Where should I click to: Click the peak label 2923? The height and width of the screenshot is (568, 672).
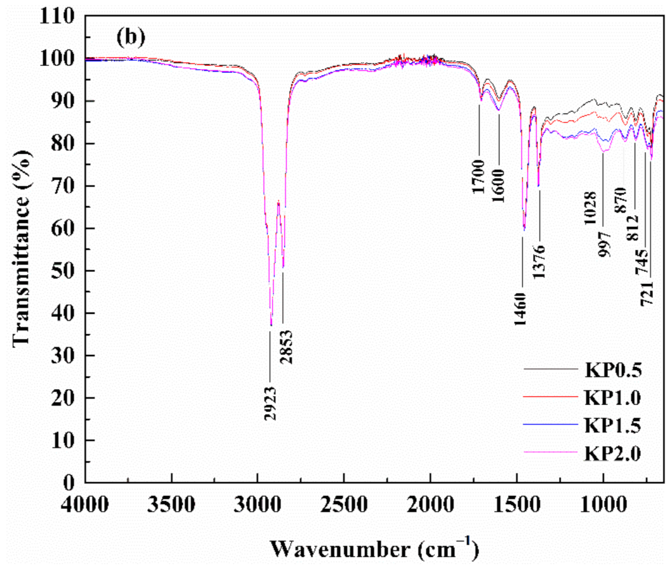[x=270, y=403]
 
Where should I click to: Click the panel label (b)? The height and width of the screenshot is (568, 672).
[x=131, y=37]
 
